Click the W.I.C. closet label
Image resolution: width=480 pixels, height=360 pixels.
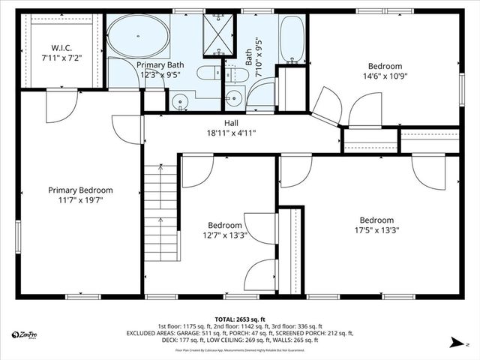click(x=61, y=46)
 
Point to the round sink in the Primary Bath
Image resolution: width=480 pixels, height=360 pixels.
click(x=179, y=102)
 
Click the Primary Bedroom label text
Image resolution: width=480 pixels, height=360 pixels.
click(x=80, y=190)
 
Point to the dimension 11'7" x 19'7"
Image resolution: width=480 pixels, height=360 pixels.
click(x=80, y=200)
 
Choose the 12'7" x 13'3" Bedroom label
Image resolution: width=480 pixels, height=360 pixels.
click(x=225, y=225)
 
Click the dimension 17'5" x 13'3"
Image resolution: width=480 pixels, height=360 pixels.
click(x=376, y=230)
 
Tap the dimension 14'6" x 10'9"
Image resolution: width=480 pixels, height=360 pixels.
click(x=385, y=76)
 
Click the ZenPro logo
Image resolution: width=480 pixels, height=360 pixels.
click(x=25, y=334)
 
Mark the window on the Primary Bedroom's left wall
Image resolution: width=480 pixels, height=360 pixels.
click(x=17, y=236)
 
